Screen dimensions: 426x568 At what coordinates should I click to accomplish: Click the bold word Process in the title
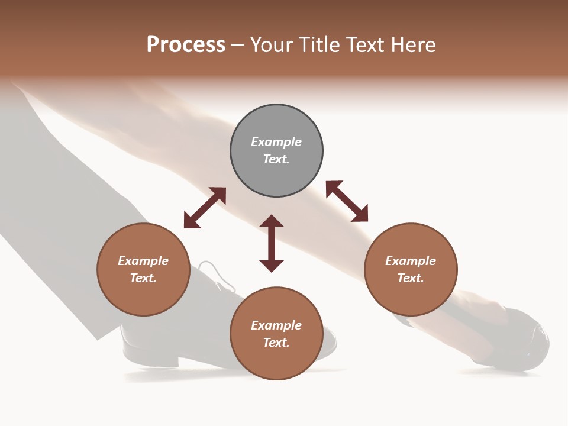(186, 45)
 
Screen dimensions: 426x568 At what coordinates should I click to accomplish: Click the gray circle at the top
(276, 151)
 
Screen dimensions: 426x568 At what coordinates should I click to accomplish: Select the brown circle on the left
(143, 269)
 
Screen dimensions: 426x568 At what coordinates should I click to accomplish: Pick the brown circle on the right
(411, 269)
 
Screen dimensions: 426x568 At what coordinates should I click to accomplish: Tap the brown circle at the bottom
(276, 333)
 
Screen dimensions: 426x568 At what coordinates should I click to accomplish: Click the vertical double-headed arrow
(272, 243)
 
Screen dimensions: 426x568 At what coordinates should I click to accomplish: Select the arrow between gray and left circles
(205, 208)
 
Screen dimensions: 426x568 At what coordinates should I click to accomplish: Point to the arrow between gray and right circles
(347, 201)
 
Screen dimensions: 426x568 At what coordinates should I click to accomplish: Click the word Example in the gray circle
(276, 142)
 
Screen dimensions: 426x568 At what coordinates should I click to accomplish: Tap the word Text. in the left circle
(143, 278)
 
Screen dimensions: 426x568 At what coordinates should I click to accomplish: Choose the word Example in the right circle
(411, 261)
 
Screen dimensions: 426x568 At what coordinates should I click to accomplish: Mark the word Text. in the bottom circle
(276, 343)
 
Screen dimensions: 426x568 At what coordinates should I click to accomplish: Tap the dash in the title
(237, 45)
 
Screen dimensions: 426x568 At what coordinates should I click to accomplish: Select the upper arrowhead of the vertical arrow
(272, 221)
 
